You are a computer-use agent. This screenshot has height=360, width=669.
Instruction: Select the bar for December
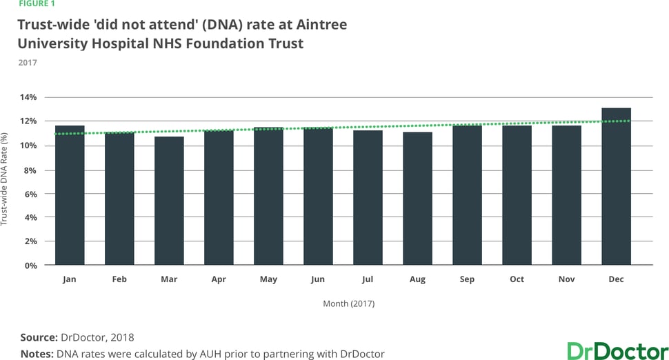[616, 186]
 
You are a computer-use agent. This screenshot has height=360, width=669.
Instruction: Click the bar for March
[169, 201]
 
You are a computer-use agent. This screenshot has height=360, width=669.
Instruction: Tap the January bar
[70, 195]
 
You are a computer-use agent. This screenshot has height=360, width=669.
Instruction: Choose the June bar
[318, 197]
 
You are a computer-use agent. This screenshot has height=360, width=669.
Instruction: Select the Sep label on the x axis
[467, 279]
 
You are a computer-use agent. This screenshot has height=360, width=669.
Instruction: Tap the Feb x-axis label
[119, 279]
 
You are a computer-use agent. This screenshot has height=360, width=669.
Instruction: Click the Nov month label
[566, 279]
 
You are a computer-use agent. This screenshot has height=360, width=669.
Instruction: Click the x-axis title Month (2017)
[349, 303]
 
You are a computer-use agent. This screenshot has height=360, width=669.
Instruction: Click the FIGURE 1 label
[36, 3]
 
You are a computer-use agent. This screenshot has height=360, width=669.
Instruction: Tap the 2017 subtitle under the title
[28, 63]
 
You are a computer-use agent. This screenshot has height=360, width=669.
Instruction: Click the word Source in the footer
[38, 338]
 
